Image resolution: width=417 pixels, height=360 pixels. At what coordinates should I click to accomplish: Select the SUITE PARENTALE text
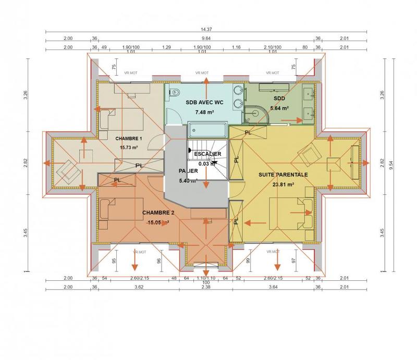(284, 175)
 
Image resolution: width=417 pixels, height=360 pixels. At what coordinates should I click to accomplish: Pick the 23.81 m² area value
(283, 184)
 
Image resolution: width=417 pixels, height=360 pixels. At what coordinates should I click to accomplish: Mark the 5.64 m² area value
(278, 108)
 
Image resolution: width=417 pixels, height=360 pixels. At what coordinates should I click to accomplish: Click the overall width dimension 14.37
(208, 29)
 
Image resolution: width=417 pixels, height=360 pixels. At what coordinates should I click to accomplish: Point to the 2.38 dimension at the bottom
(207, 287)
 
